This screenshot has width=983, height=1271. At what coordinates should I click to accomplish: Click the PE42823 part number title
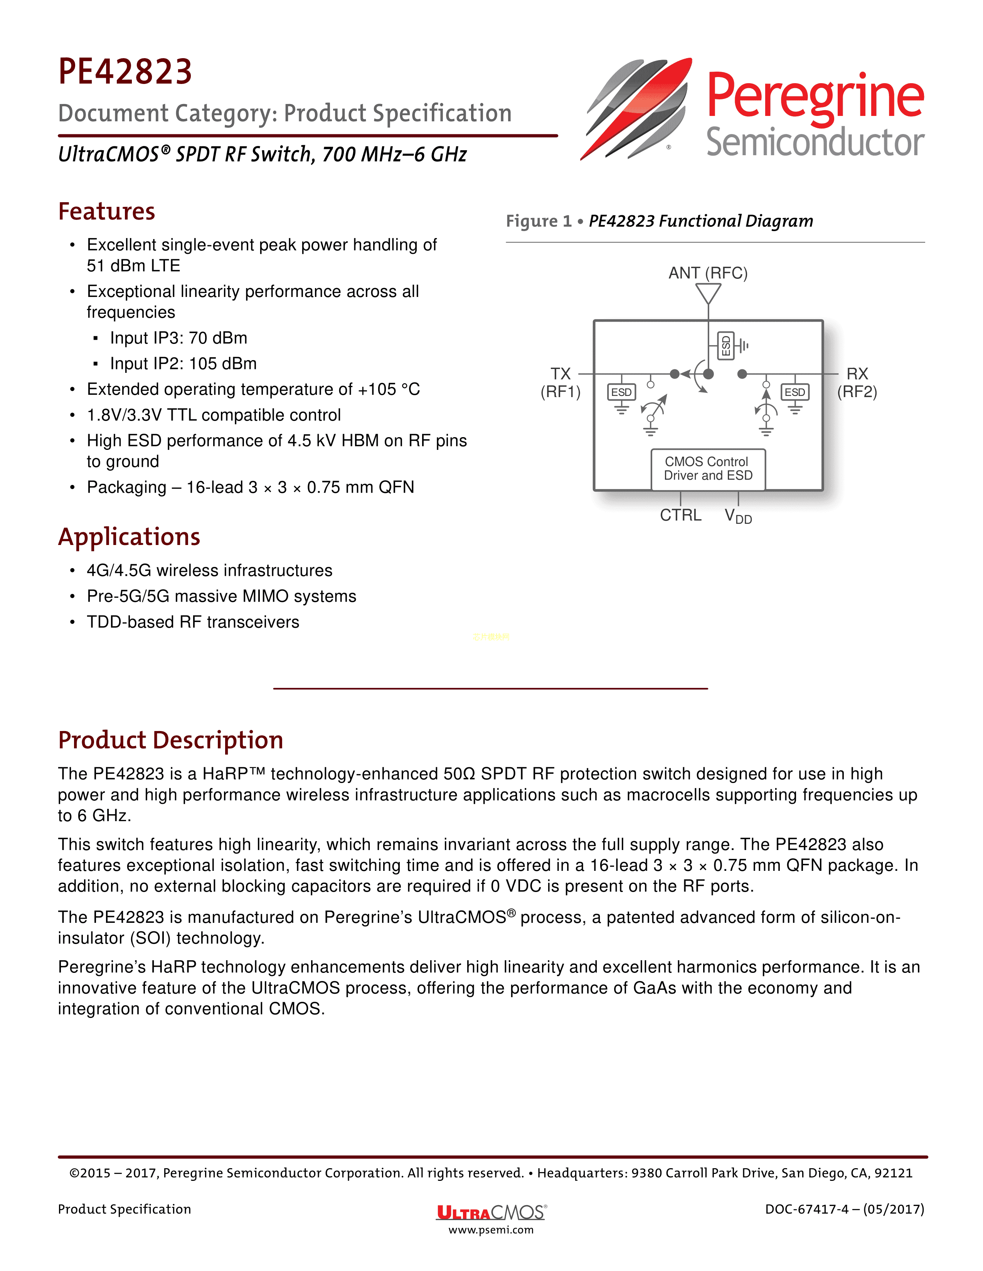tap(125, 72)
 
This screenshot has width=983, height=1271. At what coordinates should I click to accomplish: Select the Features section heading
tap(106, 211)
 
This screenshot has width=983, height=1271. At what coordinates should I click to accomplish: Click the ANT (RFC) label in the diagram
tap(708, 273)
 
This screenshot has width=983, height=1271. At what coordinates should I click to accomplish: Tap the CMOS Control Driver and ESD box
tap(708, 469)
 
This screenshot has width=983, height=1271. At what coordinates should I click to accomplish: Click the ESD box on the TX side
tap(621, 392)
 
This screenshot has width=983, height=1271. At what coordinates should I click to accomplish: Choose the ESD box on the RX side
tap(795, 392)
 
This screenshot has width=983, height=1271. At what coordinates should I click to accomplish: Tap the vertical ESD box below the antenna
tap(725, 346)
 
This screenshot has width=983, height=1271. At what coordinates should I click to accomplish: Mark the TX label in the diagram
tap(561, 374)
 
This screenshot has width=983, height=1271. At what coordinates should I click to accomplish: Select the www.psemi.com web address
tap(491, 1230)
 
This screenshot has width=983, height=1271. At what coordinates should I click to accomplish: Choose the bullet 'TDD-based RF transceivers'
tap(193, 622)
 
